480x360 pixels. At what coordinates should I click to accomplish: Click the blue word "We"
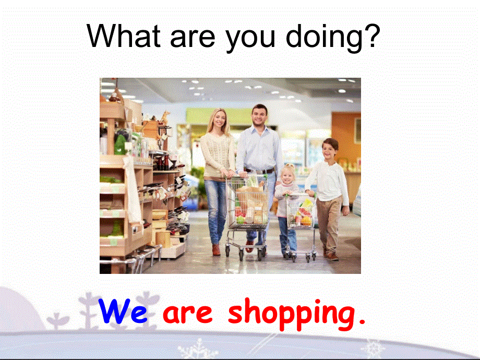click(123, 311)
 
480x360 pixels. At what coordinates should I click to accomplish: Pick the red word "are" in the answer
click(188, 313)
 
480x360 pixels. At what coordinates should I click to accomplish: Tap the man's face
click(259, 116)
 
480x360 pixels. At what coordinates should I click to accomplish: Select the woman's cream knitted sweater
click(217, 154)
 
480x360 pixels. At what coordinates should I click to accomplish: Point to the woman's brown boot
click(215, 250)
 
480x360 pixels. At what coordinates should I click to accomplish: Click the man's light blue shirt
click(259, 146)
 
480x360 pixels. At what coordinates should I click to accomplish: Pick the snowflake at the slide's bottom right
click(374, 348)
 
